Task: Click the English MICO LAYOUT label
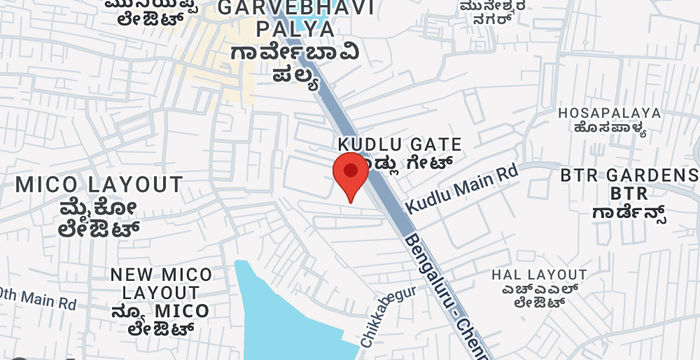pos(99,185)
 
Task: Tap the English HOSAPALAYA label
pos(609,112)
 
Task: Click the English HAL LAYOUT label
pos(539,273)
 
